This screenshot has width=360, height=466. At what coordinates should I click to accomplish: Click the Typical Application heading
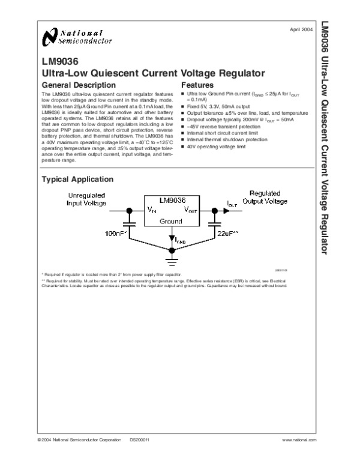(x=77, y=180)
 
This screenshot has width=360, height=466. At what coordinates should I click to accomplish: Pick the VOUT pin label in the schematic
(x=190, y=210)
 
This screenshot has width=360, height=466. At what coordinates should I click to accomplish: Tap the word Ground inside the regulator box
(x=171, y=222)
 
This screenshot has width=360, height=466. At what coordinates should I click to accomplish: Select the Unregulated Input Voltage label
(x=87, y=199)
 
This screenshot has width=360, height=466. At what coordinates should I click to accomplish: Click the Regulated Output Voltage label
(x=265, y=198)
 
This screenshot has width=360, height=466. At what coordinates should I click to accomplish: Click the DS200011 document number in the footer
(x=139, y=440)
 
